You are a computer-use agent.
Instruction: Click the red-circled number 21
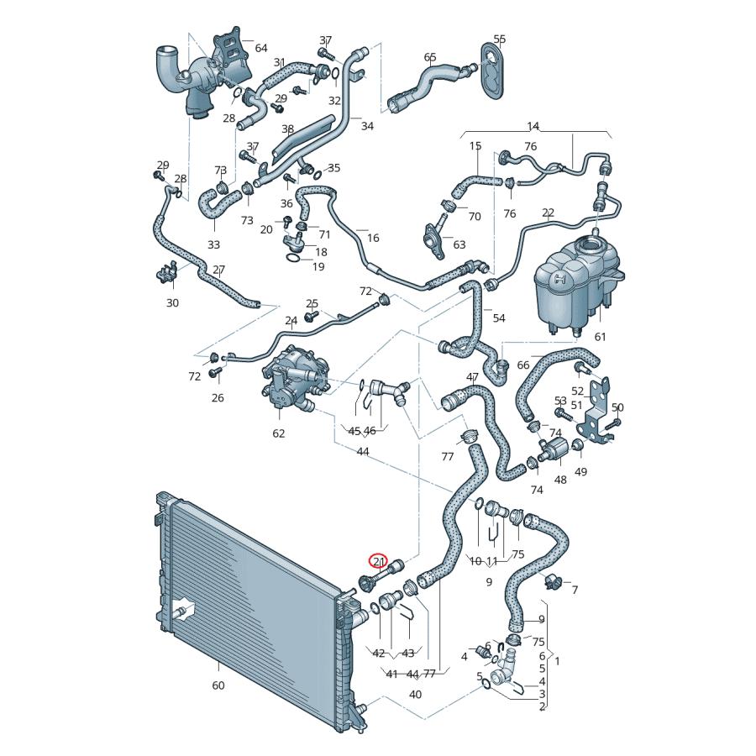379,561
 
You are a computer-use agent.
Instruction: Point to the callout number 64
260,48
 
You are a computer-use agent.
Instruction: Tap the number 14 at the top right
533,126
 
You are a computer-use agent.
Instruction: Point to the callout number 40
415,694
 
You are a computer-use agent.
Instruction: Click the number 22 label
548,213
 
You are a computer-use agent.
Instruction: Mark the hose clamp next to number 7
554,580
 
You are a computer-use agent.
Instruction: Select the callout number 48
560,480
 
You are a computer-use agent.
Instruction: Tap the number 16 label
373,238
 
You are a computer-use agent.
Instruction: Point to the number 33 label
213,244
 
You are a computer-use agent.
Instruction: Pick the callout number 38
287,129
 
